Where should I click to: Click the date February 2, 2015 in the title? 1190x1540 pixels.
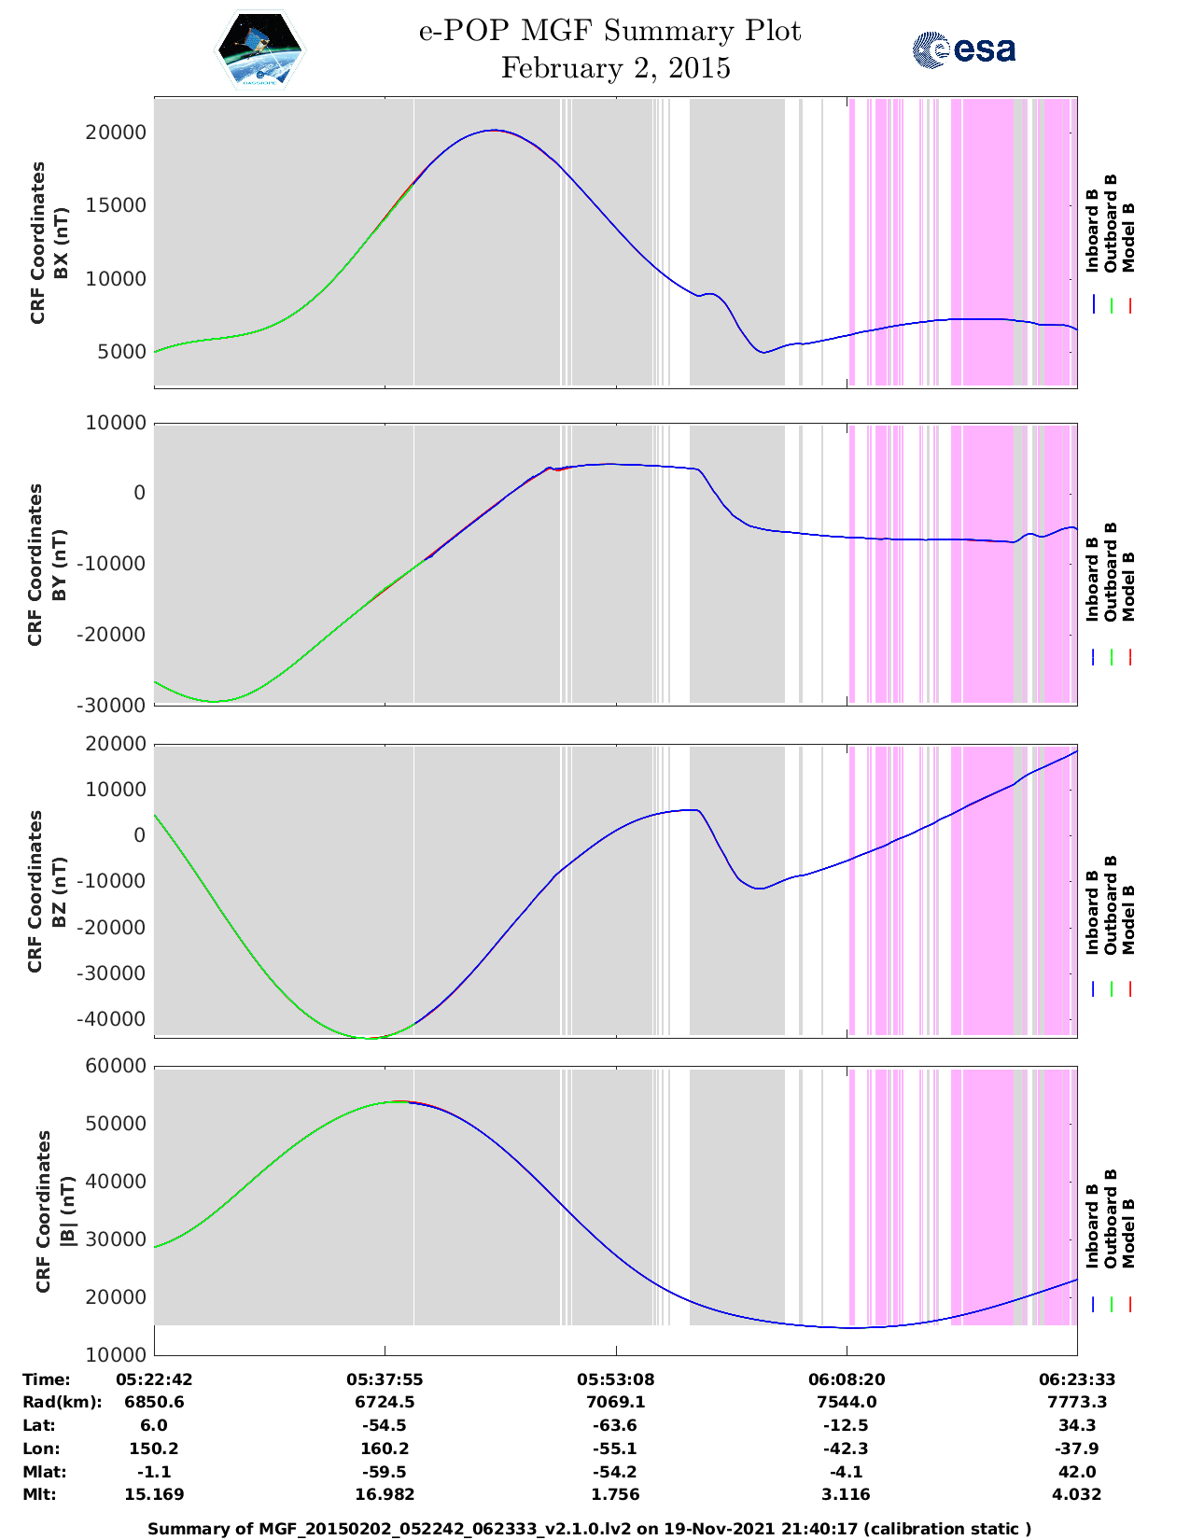pos(616,69)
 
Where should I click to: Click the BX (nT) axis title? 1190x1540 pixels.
pos(62,244)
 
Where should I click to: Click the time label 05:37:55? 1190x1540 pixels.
pos(385,1379)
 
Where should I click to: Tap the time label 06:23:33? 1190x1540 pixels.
pos(1077,1379)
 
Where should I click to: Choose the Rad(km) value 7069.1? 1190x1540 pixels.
pos(615,1402)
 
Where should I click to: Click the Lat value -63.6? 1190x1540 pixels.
pos(615,1425)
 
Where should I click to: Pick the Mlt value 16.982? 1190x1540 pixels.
pos(385,1494)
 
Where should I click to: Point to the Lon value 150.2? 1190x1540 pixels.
pos(154,1449)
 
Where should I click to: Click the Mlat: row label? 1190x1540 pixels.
pos(43,1472)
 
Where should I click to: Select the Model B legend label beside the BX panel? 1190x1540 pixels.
pos(1128,237)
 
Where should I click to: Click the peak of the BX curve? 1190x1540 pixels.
pos(494,131)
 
